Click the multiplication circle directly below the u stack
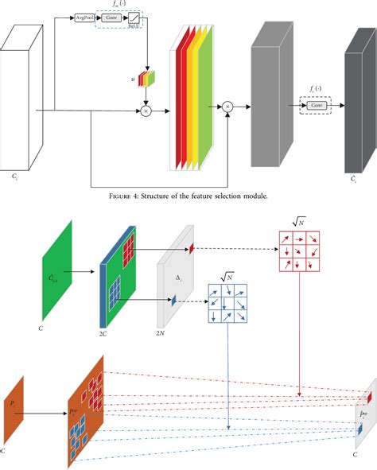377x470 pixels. [146, 111]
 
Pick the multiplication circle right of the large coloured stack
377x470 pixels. [227, 106]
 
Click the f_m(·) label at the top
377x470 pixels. [122, 4]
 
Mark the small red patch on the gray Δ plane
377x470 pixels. [192, 249]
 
